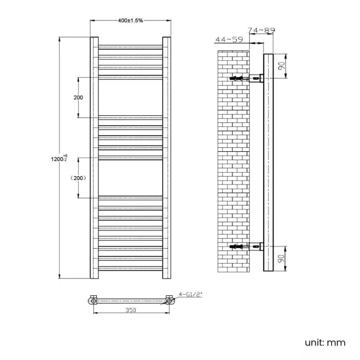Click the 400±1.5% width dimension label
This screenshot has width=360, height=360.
(x=130, y=20)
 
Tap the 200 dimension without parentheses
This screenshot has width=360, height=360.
(x=78, y=97)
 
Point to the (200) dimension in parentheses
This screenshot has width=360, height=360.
(x=78, y=178)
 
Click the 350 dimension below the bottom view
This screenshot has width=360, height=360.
(x=131, y=311)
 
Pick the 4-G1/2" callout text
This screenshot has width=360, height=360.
(x=191, y=295)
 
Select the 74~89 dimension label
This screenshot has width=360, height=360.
(x=261, y=30)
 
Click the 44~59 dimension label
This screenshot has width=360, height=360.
(x=229, y=39)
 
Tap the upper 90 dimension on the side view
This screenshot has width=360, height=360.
(x=281, y=66)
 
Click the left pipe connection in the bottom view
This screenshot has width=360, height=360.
(x=94, y=301)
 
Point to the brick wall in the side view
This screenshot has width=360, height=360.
(x=233, y=161)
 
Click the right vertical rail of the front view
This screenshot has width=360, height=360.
(x=166, y=158)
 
